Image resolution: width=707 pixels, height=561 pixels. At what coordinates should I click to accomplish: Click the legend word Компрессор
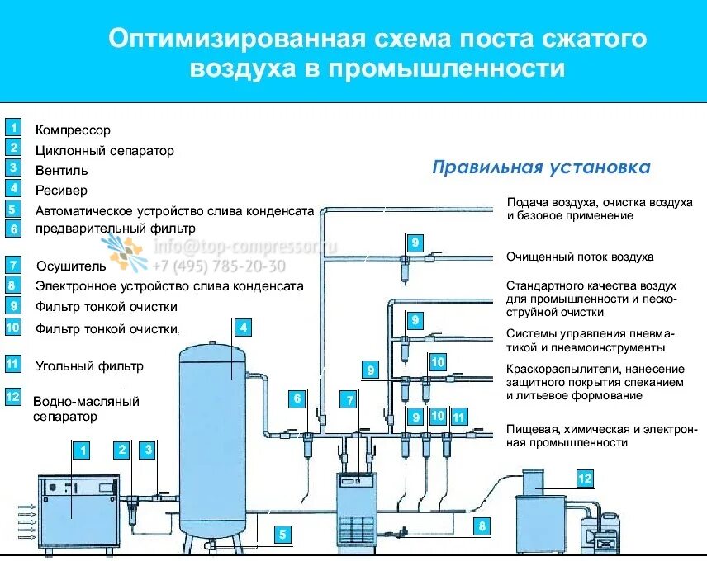pyautogui.click(x=73, y=130)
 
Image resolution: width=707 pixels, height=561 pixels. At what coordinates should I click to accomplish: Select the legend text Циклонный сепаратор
pyautogui.click(x=105, y=151)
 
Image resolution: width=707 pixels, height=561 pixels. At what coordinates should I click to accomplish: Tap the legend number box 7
pyautogui.click(x=12, y=265)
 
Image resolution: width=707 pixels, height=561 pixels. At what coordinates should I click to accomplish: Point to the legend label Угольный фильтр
pyautogui.click(x=89, y=365)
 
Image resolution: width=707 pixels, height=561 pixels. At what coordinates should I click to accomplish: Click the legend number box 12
pyautogui.click(x=12, y=396)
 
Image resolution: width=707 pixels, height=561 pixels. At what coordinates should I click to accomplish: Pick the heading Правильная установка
pyautogui.click(x=541, y=168)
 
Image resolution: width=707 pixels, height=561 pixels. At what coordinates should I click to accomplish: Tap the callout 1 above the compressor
pyautogui.click(x=82, y=450)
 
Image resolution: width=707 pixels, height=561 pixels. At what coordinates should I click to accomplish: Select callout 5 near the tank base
pyautogui.click(x=282, y=535)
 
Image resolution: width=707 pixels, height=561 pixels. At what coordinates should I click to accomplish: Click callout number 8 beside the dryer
pyautogui.click(x=480, y=526)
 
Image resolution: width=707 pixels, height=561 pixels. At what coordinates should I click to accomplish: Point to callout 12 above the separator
pyautogui.click(x=584, y=478)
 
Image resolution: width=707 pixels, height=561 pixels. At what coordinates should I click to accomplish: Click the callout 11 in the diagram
pyautogui.click(x=459, y=417)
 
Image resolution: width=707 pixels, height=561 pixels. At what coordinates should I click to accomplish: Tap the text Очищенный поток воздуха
pyautogui.click(x=580, y=257)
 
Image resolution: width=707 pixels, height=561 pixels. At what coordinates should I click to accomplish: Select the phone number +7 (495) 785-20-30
pyautogui.click(x=219, y=266)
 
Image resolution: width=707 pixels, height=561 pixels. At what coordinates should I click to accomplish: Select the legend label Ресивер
pyautogui.click(x=61, y=191)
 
